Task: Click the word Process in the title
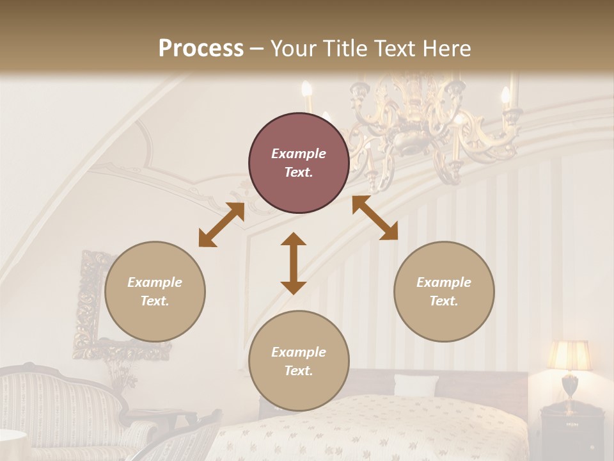201,49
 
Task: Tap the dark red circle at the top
299,163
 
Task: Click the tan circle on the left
155,291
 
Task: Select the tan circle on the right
444,291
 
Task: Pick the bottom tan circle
299,361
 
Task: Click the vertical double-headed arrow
294,263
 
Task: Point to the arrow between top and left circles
221,225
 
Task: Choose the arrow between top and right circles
375,218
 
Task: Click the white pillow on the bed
416,385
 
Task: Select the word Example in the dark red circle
299,154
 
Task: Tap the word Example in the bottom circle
299,352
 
